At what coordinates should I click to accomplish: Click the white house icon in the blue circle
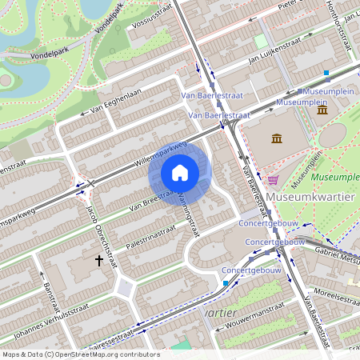(180, 173)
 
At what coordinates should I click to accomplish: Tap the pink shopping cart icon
(274, 180)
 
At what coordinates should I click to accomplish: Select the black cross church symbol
(100, 260)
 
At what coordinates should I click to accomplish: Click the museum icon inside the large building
(277, 139)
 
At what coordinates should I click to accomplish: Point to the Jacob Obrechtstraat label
(100, 233)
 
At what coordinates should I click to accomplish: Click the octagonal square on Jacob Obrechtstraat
(125, 288)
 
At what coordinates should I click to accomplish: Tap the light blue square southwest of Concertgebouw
(226, 283)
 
